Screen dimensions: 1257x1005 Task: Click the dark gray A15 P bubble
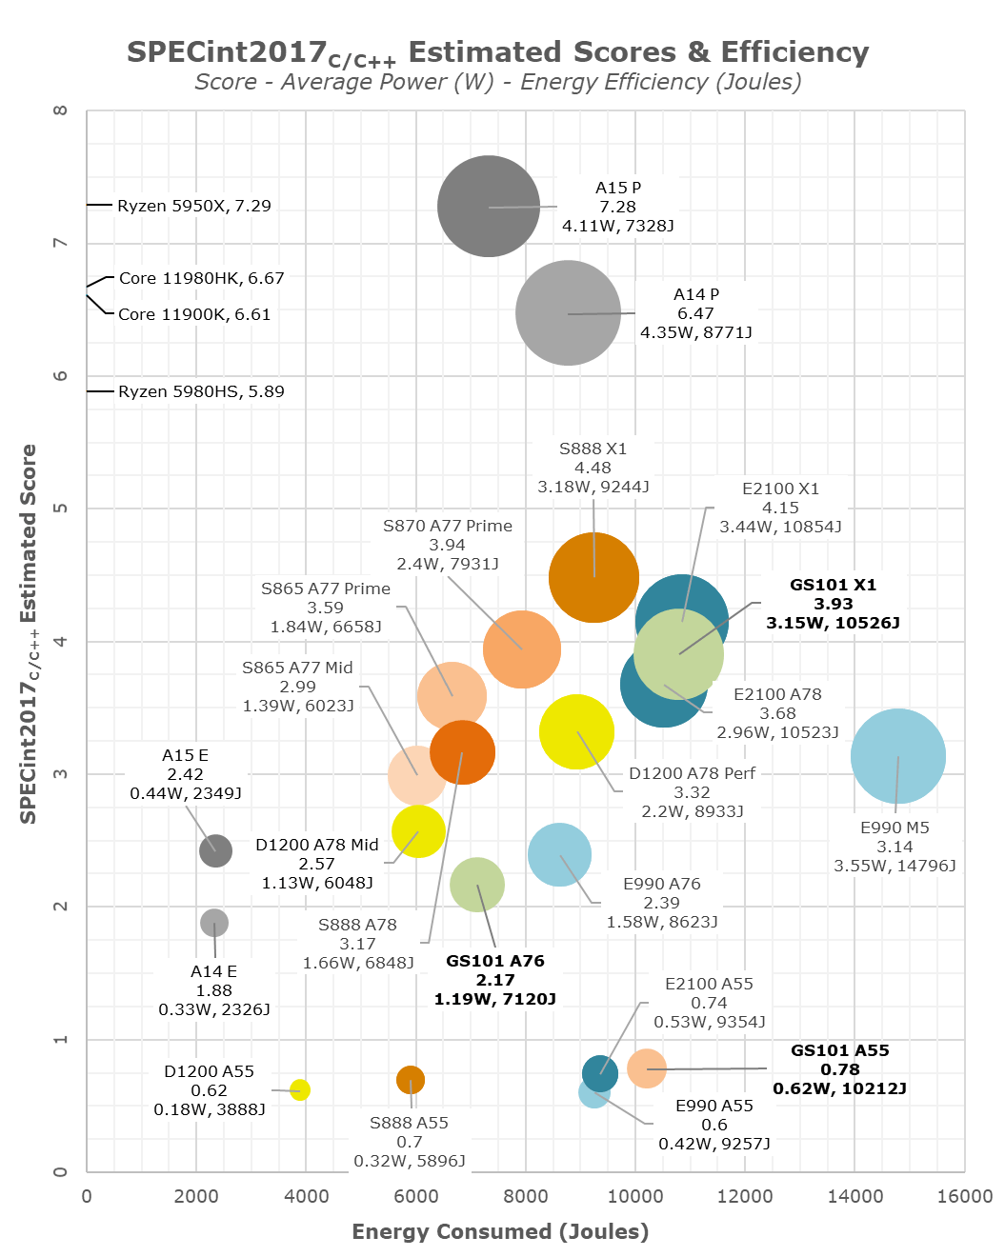click(x=489, y=207)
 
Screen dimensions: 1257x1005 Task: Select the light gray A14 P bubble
click(x=568, y=313)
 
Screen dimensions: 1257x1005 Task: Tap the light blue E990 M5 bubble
click(x=897, y=757)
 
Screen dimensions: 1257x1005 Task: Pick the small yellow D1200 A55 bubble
click(x=300, y=1089)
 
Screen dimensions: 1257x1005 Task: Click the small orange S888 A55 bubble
click(x=411, y=1080)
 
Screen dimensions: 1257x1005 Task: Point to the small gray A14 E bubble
click(x=214, y=923)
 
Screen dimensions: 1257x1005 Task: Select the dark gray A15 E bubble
click(x=215, y=849)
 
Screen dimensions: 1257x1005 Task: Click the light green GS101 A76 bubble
click(x=476, y=885)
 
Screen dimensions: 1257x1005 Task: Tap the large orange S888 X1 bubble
click(x=593, y=577)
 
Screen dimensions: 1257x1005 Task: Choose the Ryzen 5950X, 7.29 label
click(x=194, y=206)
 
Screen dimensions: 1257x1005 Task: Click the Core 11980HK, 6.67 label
click(x=201, y=278)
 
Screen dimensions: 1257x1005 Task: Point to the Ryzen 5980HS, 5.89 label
click(x=201, y=391)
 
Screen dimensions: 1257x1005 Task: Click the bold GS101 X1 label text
click(x=833, y=604)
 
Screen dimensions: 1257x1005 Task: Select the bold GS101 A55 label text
click(x=839, y=1069)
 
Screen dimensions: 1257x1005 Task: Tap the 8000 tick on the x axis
click(x=526, y=1196)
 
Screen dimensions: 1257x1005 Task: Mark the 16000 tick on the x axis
click(x=964, y=1196)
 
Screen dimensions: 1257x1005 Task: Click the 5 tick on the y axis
click(x=61, y=509)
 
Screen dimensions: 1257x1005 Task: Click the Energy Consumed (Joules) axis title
click(x=500, y=1231)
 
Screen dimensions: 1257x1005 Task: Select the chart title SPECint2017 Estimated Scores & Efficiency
click(x=497, y=52)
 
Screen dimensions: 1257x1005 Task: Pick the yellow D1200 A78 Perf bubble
click(x=576, y=731)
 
